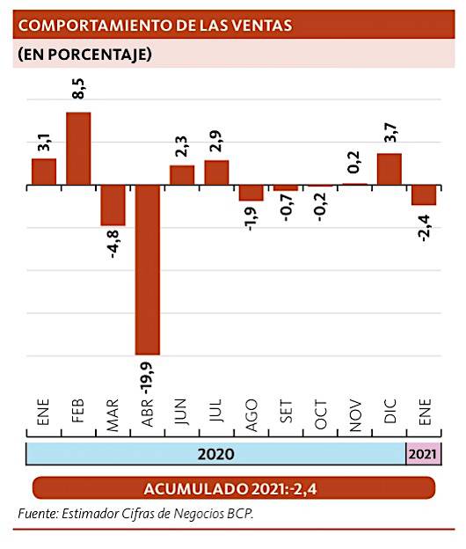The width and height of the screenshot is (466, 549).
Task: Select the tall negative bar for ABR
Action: (x=147, y=269)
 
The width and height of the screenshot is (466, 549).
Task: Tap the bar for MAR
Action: (x=113, y=205)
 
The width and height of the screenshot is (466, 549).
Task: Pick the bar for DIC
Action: (x=389, y=169)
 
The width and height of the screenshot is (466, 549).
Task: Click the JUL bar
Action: (x=216, y=172)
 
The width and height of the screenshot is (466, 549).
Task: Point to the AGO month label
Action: (x=251, y=414)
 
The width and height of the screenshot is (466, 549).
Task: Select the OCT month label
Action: (x=320, y=415)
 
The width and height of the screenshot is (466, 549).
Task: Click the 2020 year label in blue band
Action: (x=215, y=454)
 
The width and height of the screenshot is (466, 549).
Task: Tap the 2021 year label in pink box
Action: (x=422, y=454)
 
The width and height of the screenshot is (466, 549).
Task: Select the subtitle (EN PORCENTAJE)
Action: (x=84, y=55)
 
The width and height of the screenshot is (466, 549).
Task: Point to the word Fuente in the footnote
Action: (x=37, y=514)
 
